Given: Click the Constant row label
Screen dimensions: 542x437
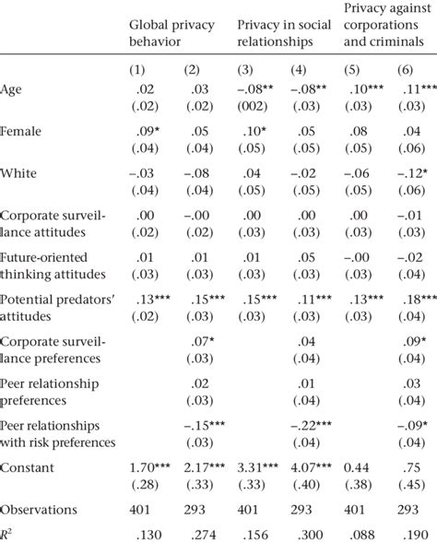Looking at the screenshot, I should pos(27,467).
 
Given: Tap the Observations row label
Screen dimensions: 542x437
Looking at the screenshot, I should pos(38,511).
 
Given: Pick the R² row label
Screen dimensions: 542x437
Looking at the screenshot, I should pos(8,532).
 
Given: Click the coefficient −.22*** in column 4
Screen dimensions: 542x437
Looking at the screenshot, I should pos(309,424).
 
